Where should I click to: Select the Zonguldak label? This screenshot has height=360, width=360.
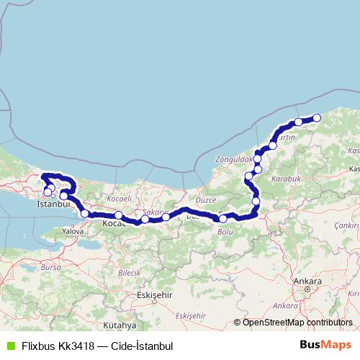coord(234,158)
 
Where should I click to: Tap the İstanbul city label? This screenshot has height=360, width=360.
coord(51,204)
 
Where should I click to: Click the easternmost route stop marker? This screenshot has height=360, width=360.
coord(316,118)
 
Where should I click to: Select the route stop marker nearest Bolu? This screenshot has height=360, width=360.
coord(223,219)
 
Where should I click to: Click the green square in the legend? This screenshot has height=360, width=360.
coord(9,345)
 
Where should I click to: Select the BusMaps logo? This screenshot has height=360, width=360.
coord(326,344)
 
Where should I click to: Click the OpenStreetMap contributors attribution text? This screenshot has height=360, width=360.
coord(297,323)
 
